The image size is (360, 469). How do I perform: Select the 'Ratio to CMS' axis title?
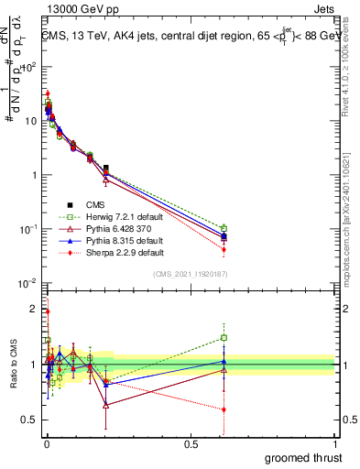[12, 364]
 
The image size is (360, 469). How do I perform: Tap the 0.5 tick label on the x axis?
[190, 443]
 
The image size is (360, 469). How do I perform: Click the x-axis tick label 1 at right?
[335, 443]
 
